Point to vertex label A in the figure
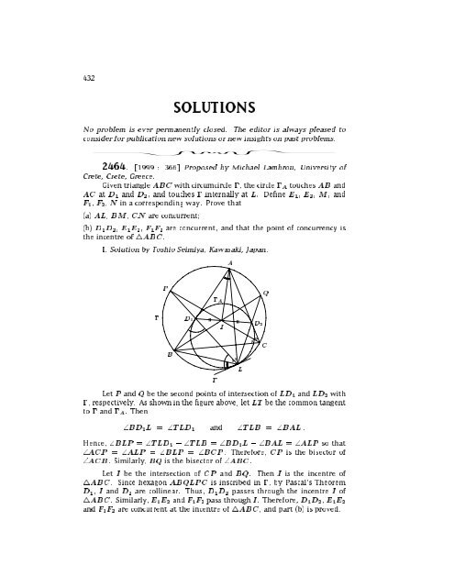229,260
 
